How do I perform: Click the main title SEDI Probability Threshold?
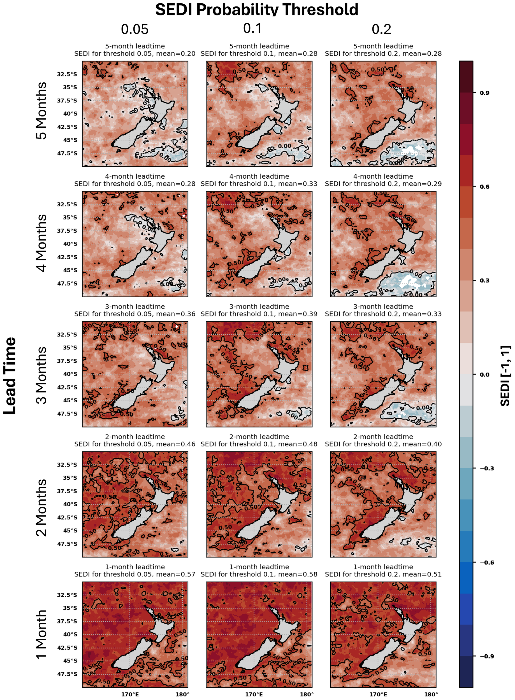(257, 9)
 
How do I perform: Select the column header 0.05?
(135, 29)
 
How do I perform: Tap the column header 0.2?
(381, 29)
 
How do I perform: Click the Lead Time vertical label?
(10, 375)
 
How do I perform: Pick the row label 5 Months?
(41, 111)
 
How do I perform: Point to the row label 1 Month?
(41, 634)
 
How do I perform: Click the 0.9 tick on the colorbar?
(484, 93)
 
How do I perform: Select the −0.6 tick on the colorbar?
(486, 562)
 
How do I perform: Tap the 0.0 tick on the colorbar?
(484, 374)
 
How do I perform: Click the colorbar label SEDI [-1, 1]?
(505, 375)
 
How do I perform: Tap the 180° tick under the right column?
(431, 694)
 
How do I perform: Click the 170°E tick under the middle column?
(254, 694)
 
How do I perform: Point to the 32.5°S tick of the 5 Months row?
(67, 74)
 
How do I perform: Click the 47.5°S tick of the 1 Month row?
(67, 674)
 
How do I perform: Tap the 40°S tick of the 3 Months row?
(70, 374)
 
